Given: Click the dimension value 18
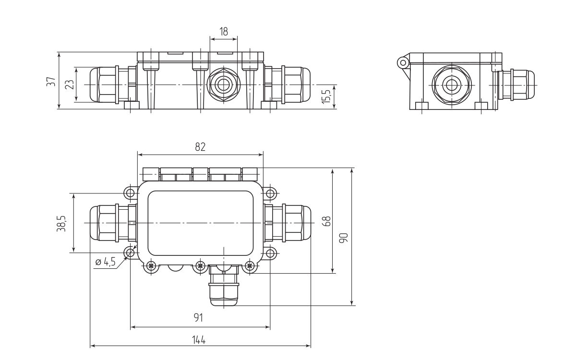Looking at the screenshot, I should click(224, 31).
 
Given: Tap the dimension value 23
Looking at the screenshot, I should click(69, 84).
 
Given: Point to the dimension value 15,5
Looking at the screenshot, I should click(327, 96).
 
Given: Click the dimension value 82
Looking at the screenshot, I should click(200, 147).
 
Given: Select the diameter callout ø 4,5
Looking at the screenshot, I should click(105, 262).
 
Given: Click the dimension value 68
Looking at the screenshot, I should click(326, 221).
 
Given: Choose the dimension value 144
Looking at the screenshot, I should click(199, 340).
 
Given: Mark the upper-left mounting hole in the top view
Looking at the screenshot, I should click(130, 193).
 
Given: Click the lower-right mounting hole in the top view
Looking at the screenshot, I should click(270, 253).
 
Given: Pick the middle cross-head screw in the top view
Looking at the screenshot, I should click(200, 265).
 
